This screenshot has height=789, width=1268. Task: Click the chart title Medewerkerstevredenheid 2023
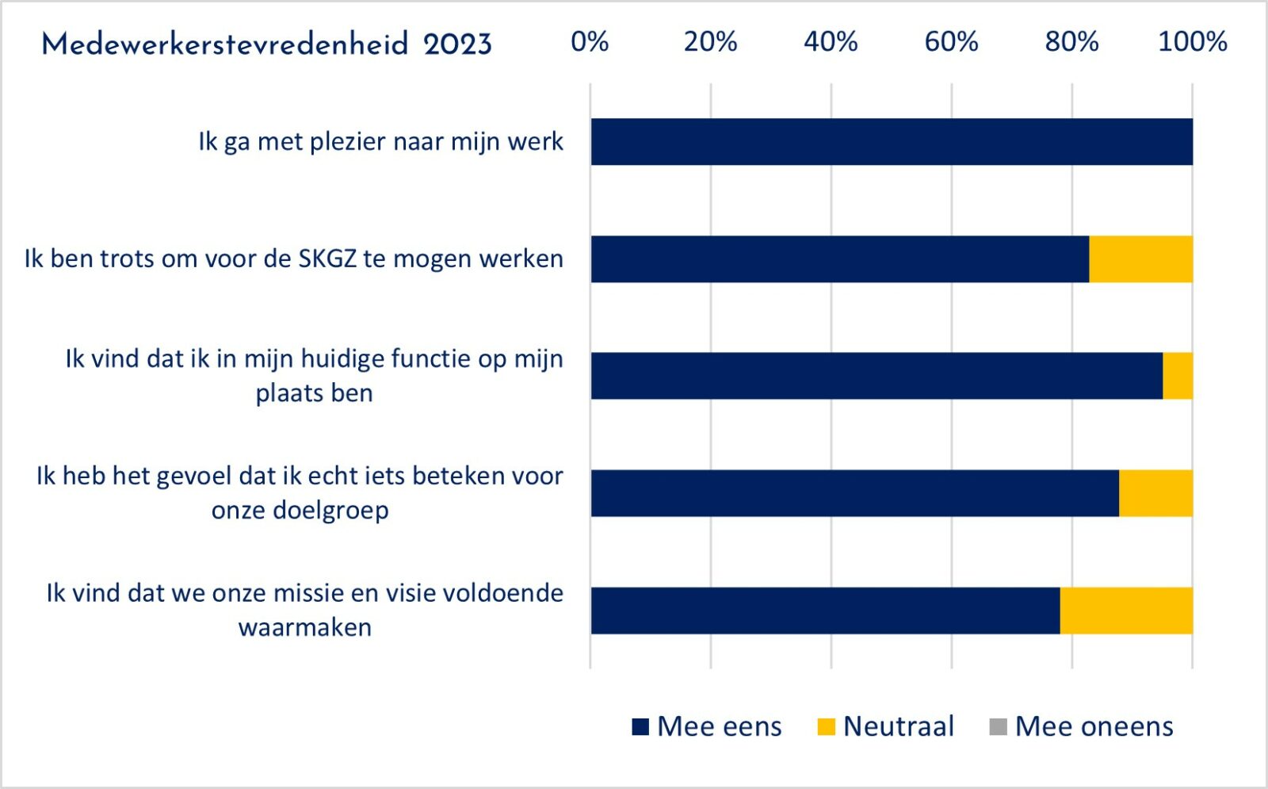[x=266, y=44]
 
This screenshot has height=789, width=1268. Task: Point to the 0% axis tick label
[x=590, y=42]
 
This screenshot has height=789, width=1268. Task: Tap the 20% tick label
[x=710, y=42]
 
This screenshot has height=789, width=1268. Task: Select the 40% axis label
[x=831, y=42]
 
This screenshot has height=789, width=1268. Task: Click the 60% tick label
[x=952, y=42]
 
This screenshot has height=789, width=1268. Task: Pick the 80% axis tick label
[x=1072, y=42]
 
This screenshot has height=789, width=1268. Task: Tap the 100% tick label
[x=1193, y=42]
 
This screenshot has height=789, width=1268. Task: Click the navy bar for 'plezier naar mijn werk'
[x=892, y=142]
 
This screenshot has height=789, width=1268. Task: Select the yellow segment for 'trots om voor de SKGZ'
[x=1140, y=259]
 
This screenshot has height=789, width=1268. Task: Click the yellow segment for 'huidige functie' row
[x=1178, y=376]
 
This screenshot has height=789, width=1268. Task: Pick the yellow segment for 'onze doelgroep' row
[x=1156, y=493]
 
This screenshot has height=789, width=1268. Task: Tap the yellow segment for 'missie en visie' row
[x=1126, y=611]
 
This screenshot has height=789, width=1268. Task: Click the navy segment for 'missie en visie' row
[x=825, y=611]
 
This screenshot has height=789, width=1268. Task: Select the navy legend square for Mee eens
[x=640, y=726]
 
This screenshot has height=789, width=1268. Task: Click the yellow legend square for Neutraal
[x=827, y=726]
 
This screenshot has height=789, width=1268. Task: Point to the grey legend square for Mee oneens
[x=998, y=726]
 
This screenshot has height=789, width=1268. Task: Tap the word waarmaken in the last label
[x=305, y=627]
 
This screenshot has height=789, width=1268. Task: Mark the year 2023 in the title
[x=457, y=44]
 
